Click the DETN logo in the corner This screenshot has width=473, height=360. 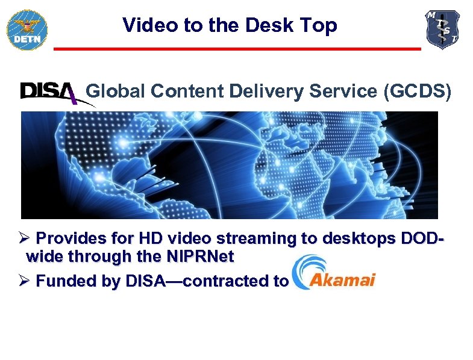tap(27, 28)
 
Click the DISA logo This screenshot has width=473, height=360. tap(49, 93)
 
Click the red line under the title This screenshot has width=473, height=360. tap(237, 48)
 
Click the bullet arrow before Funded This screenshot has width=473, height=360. tap(25, 281)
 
